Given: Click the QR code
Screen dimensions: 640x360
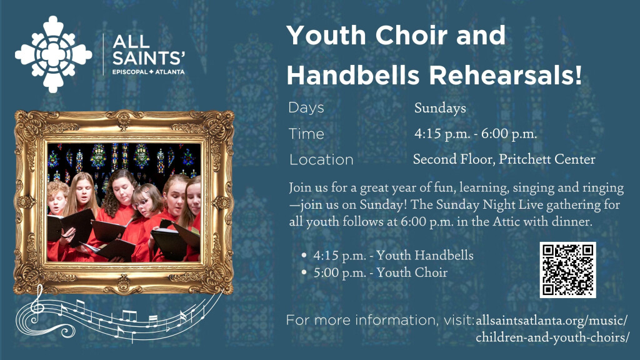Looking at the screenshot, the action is pos(567,270).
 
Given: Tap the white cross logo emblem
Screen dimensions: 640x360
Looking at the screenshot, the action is pos(54,54).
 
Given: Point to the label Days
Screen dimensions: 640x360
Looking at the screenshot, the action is pos(306,107).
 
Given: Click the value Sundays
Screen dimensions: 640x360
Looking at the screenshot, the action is pos(440,108).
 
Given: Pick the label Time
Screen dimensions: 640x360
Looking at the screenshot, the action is pos(306,134).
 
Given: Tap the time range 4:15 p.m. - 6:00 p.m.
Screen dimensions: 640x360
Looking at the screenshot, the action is pos(476,134).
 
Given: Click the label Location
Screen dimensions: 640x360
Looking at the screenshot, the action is pos(321,159).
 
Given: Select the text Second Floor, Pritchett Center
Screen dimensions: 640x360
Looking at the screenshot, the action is pos(504,159).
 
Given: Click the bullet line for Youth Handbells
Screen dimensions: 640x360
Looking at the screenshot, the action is pos(387,256).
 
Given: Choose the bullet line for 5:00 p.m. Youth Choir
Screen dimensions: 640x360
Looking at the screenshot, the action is pos(374,272).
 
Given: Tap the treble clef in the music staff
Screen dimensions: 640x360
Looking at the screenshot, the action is pos(37,305).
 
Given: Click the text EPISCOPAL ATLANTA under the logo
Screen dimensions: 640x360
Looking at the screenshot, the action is pos(149,72).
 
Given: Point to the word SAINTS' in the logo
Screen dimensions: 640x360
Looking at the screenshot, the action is pos(149,58).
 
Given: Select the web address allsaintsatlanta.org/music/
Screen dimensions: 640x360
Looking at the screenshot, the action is pos(551,321).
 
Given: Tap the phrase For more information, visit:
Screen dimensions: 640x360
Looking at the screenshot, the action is pos(381,320).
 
